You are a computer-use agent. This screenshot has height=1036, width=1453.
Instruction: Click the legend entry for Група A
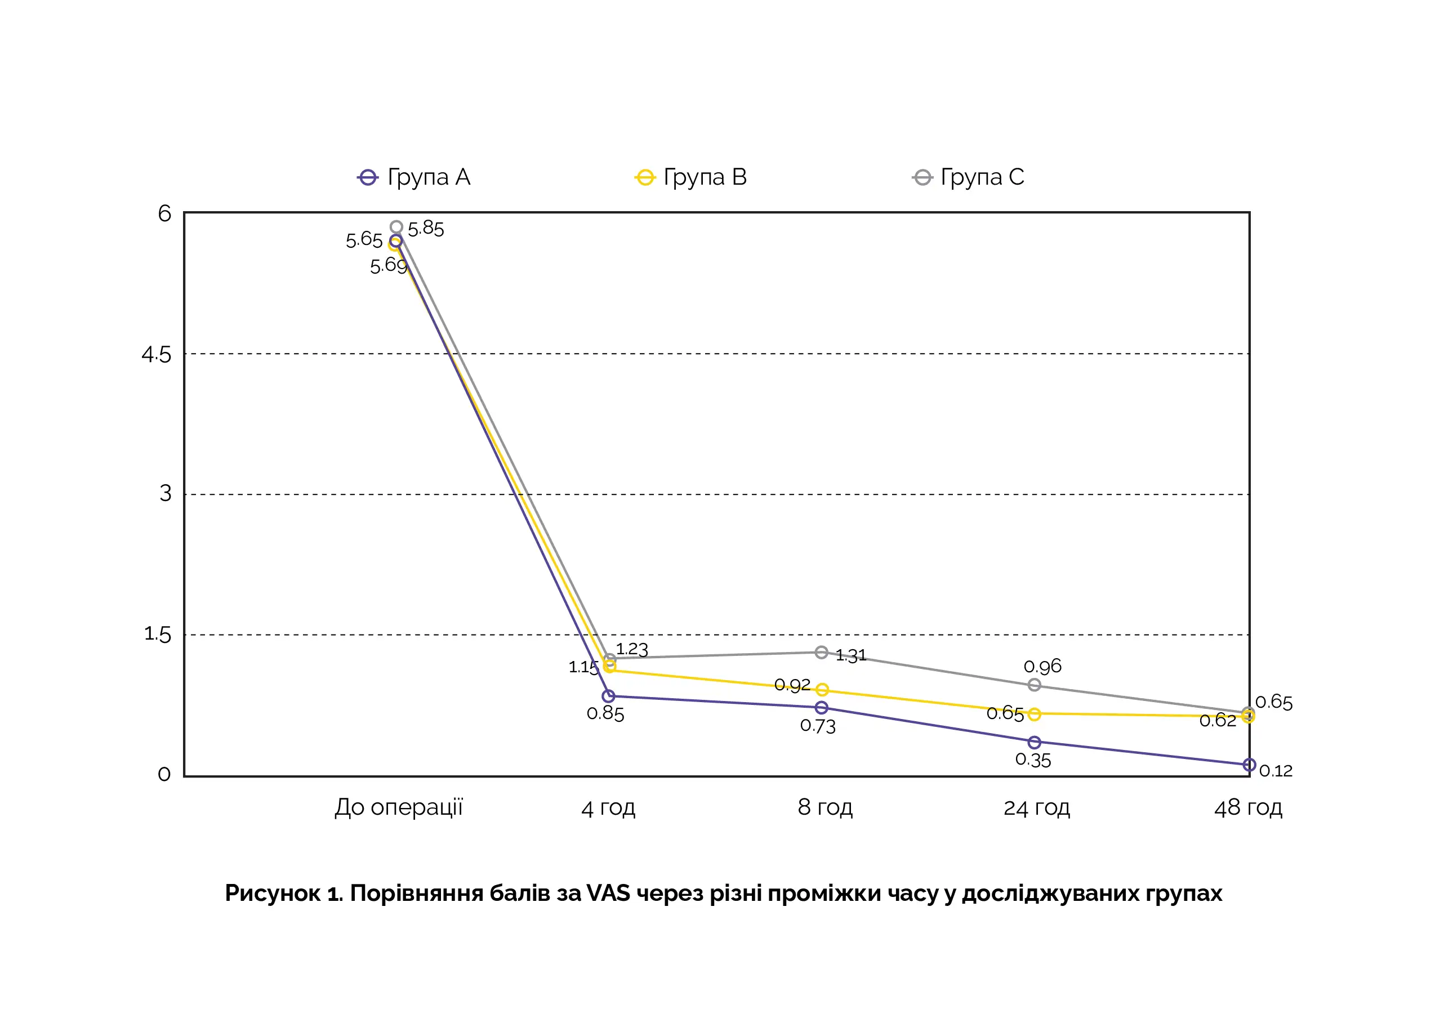pyautogui.click(x=414, y=177)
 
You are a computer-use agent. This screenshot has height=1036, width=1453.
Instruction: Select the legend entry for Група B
pyautogui.click(x=690, y=177)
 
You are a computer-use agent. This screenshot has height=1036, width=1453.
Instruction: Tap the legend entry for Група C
pyautogui.click(x=968, y=177)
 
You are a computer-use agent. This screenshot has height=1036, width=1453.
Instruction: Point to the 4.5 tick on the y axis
pyautogui.click(x=157, y=354)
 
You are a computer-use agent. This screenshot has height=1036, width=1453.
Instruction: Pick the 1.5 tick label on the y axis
pyautogui.click(x=158, y=634)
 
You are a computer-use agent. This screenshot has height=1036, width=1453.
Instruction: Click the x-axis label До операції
pyautogui.click(x=398, y=807)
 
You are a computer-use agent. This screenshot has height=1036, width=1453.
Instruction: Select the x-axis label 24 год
pyautogui.click(x=1036, y=807)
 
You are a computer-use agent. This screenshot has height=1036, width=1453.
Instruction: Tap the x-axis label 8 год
pyautogui.click(x=824, y=807)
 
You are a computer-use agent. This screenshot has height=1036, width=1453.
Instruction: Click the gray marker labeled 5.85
pyautogui.click(x=396, y=227)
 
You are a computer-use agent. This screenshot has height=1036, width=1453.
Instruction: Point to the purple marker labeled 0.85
pyautogui.click(x=608, y=696)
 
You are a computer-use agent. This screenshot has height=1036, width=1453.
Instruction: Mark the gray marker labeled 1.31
pyautogui.click(x=821, y=652)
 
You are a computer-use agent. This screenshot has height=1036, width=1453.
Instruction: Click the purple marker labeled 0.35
pyautogui.click(x=1035, y=743)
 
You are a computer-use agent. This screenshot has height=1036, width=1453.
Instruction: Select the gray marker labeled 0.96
pyautogui.click(x=1035, y=685)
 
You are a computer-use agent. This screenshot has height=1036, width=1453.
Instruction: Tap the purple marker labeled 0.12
pyautogui.click(x=1249, y=765)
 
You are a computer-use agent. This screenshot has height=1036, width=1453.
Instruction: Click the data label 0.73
pyautogui.click(x=817, y=726)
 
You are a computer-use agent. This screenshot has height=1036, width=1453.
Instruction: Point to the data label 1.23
pyautogui.click(x=632, y=649)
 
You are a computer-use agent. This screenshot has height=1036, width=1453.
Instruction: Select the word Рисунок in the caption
pyautogui.click(x=273, y=893)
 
